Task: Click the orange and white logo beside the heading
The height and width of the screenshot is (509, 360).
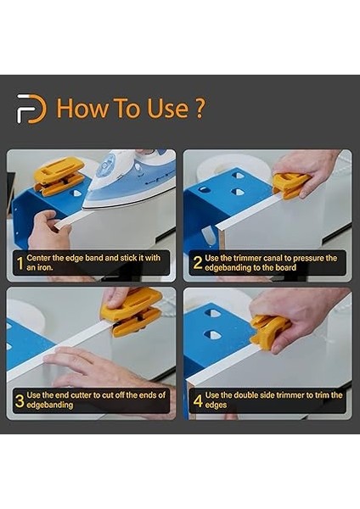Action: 31,109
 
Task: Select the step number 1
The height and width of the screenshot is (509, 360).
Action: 20,263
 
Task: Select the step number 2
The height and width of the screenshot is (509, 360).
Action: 197,263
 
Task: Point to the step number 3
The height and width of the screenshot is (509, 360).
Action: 20,401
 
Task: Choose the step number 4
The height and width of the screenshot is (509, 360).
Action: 198,400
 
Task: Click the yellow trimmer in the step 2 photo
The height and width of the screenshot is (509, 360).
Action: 290,185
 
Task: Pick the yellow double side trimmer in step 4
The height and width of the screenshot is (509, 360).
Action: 270,332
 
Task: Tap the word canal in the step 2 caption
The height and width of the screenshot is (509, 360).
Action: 273,259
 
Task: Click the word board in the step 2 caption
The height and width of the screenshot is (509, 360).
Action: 286,268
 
